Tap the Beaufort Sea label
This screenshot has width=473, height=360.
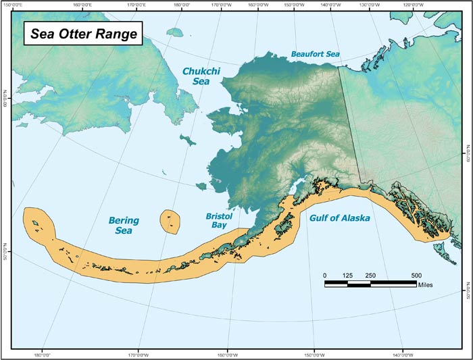pos(315,53)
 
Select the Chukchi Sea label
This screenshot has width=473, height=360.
pos(199,75)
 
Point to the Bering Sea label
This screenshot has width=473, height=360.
pos(124,226)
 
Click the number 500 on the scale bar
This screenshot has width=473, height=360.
pos(416,275)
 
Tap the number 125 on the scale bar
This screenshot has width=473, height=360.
pos(347,275)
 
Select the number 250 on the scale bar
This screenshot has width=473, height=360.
pos(370,275)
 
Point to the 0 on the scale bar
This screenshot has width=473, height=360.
pos(325,275)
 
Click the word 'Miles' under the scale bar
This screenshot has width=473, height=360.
pos(426,285)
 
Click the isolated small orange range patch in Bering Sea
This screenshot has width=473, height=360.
pos(170,220)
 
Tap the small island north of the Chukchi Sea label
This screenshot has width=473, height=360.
pos(175,32)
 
